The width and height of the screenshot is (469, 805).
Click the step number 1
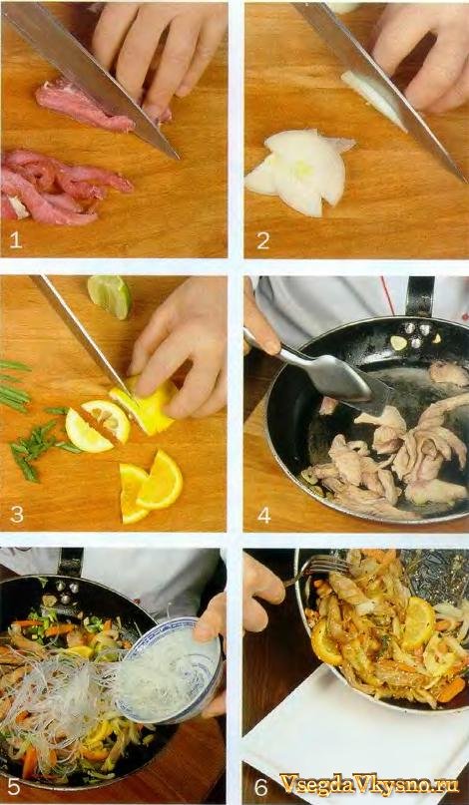[x=15, y=240]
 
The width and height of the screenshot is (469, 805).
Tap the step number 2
[x=263, y=240]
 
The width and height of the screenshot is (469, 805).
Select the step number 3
[x=16, y=514]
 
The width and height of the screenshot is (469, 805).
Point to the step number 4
[x=264, y=514]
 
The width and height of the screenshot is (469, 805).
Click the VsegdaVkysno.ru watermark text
[x=369, y=785]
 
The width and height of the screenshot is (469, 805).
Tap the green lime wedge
[x=110, y=295]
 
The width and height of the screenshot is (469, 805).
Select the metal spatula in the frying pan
[x=318, y=371]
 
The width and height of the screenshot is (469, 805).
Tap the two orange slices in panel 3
[x=150, y=486]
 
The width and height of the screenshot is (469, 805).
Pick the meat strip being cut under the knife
[x=86, y=106]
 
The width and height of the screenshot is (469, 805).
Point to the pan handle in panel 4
[x=420, y=296]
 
